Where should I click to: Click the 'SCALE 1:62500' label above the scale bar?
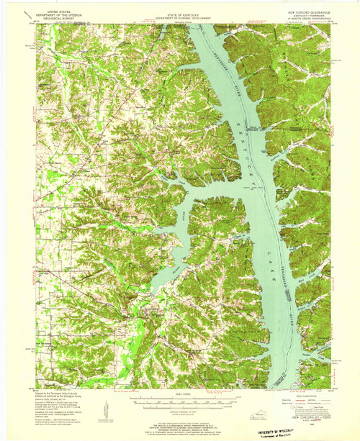pos(180,393)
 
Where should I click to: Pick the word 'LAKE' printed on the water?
pos(271,230)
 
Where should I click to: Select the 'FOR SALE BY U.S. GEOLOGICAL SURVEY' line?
pos(180,416)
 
